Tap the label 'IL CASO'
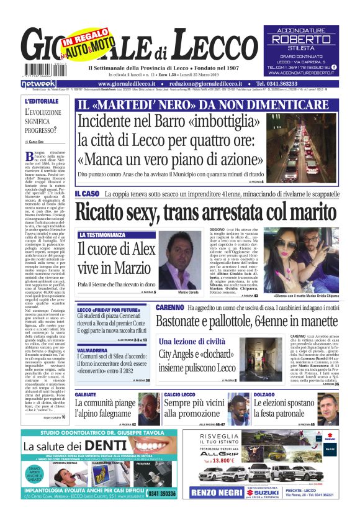pyautogui.click(x=87, y=194)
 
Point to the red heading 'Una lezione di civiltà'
pyautogui.click(x=192, y=342)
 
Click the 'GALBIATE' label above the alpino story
pyautogui.click(x=86, y=395)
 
